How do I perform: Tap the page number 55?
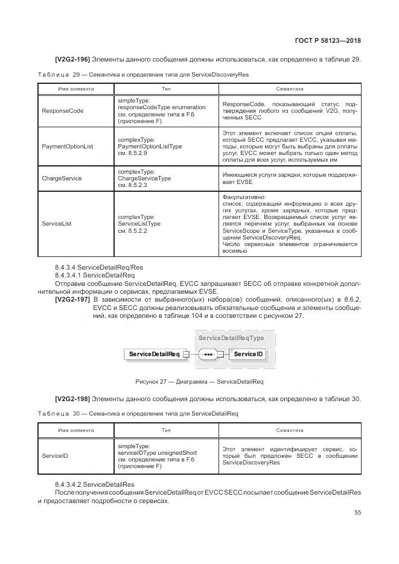click(357, 512)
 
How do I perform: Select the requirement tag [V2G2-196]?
click(72, 59)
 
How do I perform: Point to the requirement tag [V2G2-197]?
click(72, 300)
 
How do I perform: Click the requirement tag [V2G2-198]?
click(72, 399)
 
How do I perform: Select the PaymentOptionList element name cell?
click(68, 147)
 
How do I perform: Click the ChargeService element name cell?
click(62, 179)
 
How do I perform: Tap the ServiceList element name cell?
click(57, 223)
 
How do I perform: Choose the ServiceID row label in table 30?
click(54, 456)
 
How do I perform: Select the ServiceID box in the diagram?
click(249, 354)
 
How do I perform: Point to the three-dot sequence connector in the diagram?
click(208, 354)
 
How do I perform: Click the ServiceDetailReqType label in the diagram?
click(231, 338)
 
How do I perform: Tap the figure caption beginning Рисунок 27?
click(199, 381)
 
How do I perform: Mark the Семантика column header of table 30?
click(289, 431)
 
